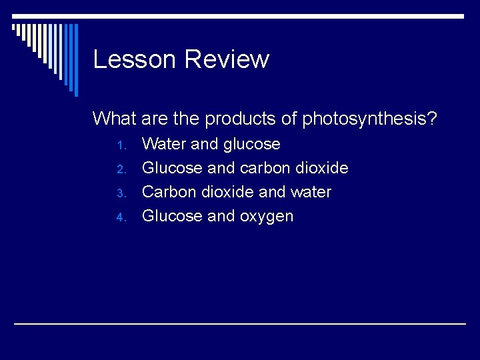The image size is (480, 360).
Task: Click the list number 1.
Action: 121,145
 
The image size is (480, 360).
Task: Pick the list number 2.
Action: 121,169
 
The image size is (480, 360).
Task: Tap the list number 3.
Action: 121,193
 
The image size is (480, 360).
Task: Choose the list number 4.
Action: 121,217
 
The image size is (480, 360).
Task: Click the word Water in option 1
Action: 165,144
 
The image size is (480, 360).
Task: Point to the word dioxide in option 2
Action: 323,168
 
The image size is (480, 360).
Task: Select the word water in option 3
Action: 310,192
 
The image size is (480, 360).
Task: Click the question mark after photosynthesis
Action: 433,119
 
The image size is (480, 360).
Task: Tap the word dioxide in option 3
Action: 227,192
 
